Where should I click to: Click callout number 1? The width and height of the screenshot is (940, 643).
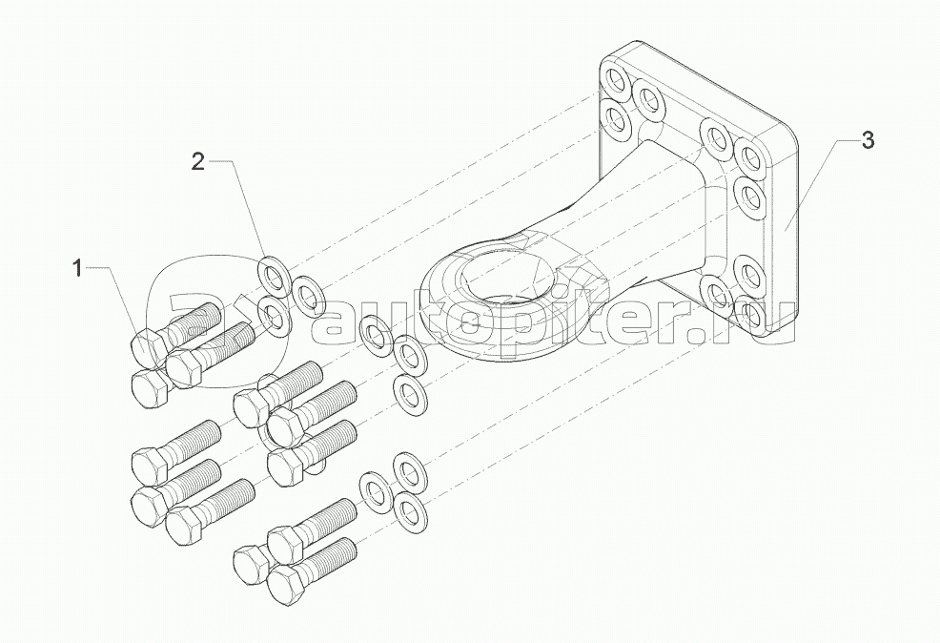pyautogui.click(x=77, y=268)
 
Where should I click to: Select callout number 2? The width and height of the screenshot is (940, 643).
pyautogui.click(x=198, y=161)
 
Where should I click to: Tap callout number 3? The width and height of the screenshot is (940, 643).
pyautogui.click(x=867, y=140)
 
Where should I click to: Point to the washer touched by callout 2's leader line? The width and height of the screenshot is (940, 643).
pyautogui.click(x=274, y=275)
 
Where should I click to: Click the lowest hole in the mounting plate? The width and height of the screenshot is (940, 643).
pyautogui.click(x=748, y=314)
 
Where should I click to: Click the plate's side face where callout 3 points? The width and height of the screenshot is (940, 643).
pyautogui.click(x=785, y=231)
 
